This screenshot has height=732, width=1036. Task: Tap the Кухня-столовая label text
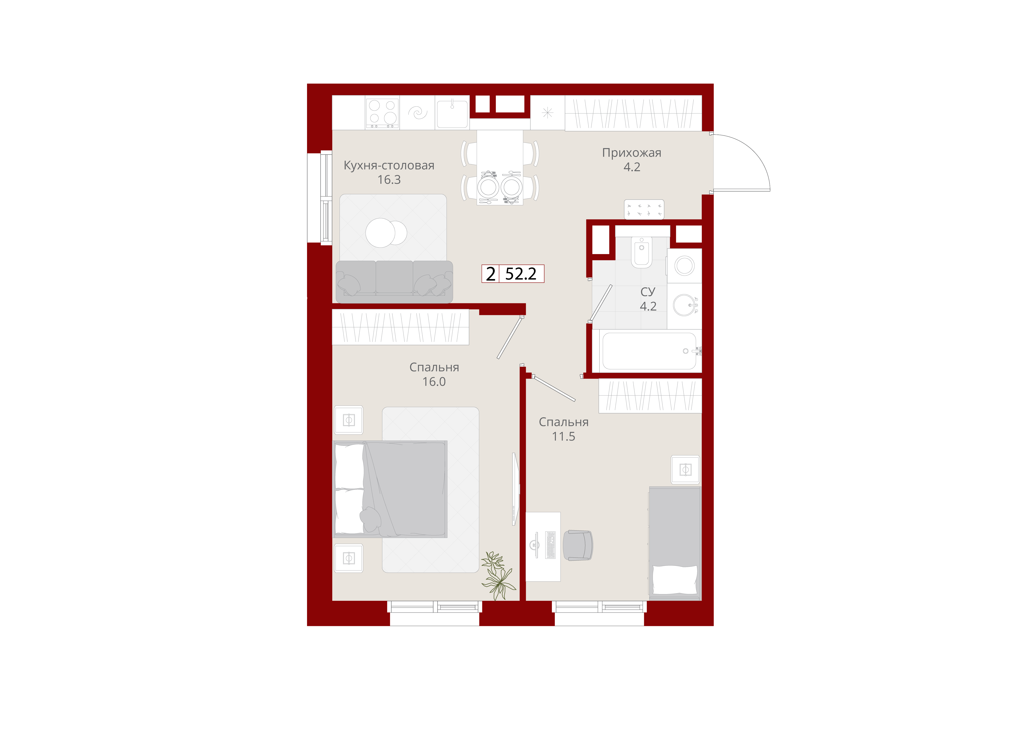389,166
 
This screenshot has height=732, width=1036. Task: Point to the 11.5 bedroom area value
564,436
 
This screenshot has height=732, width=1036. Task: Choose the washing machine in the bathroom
685,266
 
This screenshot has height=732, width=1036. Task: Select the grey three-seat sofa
394,282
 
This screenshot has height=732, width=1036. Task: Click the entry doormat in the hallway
644,209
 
